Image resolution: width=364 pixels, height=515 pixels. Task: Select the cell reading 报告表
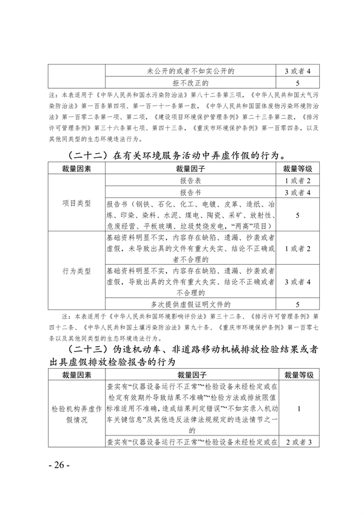(194, 181)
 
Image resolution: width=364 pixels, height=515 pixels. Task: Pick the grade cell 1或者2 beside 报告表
(297, 181)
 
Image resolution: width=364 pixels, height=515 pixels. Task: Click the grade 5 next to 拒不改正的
(297, 82)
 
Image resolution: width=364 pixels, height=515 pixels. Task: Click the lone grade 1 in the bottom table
(297, 409)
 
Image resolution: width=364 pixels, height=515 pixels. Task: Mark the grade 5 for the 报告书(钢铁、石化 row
(297, 214)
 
